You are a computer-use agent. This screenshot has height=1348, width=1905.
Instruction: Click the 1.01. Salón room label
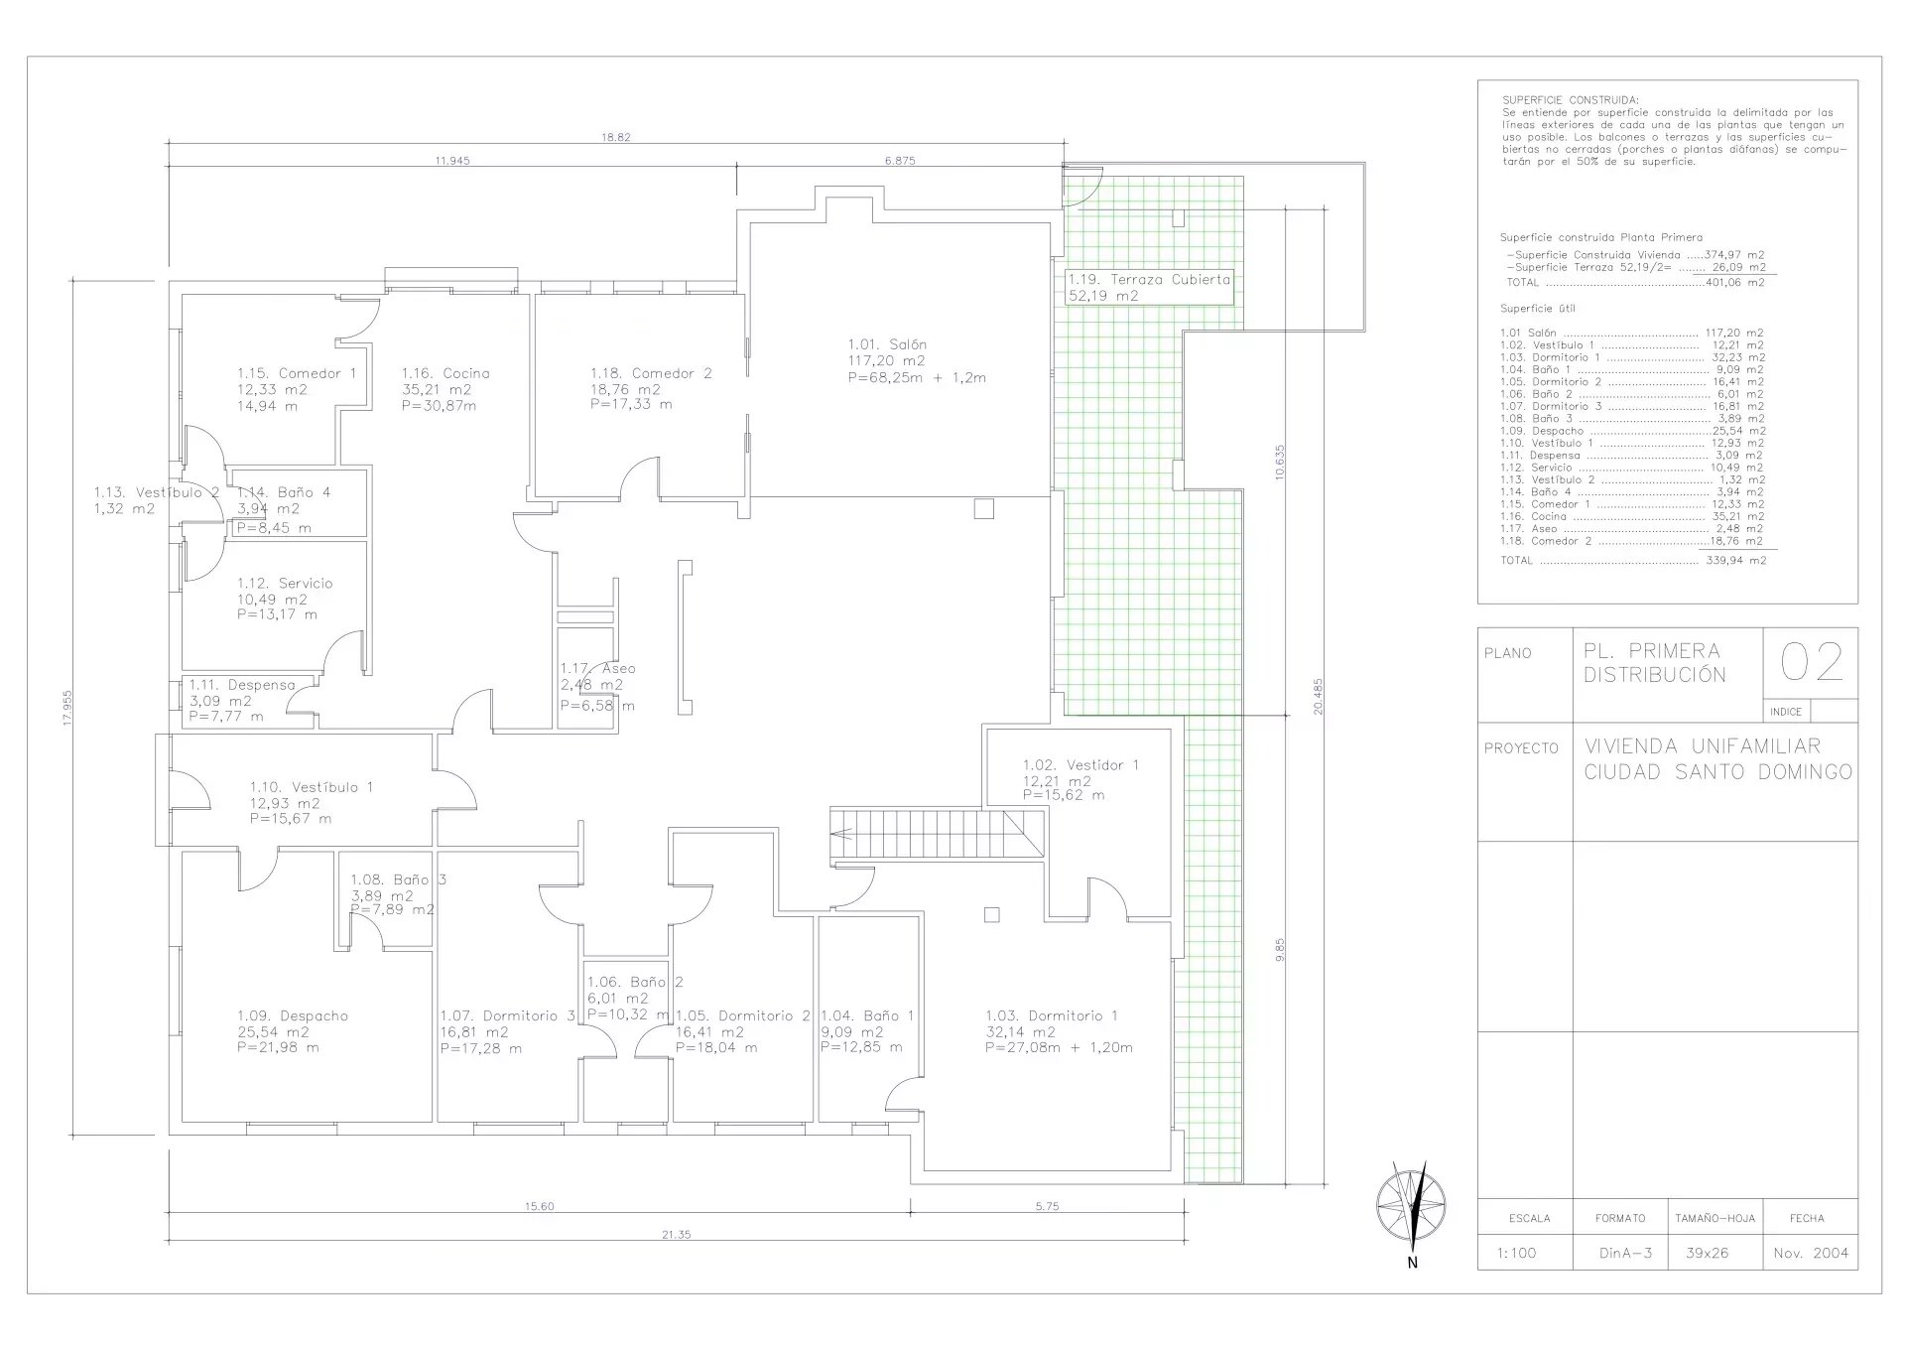888,344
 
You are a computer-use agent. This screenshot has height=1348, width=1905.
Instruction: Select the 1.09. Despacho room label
293,1015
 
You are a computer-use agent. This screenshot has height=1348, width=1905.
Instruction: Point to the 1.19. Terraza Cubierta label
1149,280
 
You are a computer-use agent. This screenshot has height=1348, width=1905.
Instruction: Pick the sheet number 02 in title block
1812,662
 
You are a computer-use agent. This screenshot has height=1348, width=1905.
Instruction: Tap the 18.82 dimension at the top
615,137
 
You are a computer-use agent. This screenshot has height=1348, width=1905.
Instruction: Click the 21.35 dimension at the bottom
676,1235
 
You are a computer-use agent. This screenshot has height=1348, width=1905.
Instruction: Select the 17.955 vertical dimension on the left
67,709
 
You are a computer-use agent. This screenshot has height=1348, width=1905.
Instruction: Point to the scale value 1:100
1515,1253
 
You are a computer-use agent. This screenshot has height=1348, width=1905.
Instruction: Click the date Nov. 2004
1811,1253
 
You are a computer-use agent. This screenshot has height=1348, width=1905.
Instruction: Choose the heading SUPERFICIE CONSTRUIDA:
1572,100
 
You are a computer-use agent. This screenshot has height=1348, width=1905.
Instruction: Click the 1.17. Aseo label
597,668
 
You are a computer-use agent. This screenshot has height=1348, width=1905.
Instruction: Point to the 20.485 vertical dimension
1318,696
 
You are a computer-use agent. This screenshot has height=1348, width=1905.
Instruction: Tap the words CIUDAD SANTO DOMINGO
1717,771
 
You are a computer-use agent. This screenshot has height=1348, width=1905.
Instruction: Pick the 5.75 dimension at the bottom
1047,1206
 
